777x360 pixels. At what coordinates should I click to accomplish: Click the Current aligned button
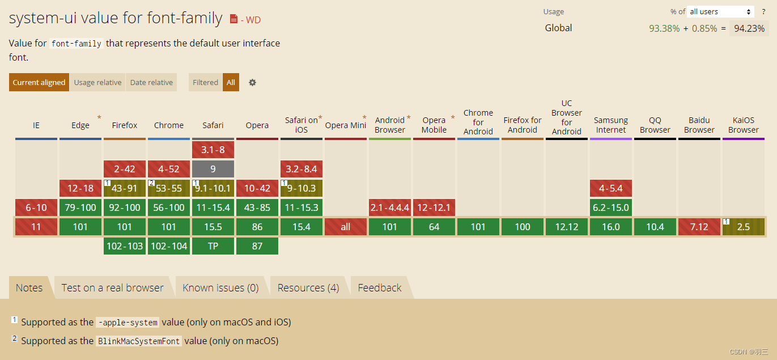[39, 82]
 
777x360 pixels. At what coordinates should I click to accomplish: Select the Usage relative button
[97, 82]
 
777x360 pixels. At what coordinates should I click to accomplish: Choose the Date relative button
[151, 82]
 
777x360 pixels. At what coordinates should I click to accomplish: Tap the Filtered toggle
[205, 82]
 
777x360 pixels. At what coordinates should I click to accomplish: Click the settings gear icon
[253, 82]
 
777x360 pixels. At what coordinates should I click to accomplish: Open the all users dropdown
[720, 11]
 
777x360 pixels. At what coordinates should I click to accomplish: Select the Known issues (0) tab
[220, 288]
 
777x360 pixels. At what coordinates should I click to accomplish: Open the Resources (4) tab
[308, 288]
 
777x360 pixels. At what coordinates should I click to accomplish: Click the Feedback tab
[380, 288]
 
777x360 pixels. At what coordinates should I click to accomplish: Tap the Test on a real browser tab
[112, 288]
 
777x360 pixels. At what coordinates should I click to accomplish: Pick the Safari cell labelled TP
[213, 246]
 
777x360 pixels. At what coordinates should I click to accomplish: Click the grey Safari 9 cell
[213, 169]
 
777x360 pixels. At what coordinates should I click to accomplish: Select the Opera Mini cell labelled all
[346, 227]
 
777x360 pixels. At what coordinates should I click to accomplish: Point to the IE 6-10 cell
[36, 207]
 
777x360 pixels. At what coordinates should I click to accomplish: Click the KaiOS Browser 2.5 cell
[744, 227]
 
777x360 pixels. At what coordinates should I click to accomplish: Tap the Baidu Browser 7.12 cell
[699, 227]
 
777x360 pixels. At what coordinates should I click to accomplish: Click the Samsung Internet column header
[611, 125]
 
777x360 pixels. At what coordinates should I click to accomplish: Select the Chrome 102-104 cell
[169, 246]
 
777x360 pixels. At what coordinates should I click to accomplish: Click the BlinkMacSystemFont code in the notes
[139, 341]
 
